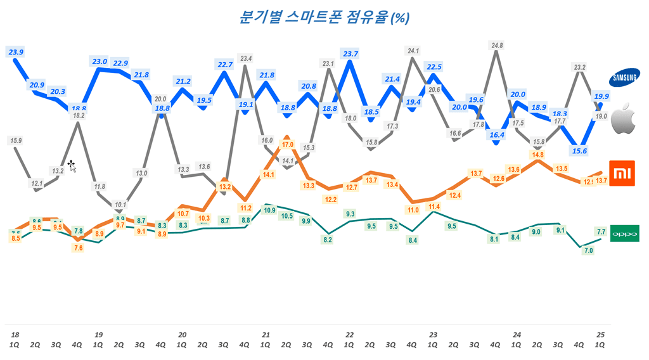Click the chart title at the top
pyautogui.click(x=324, y=17)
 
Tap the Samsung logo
pyautogui.click(x=624, y=79)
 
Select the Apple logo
pyautogui.click(x=624, y=119)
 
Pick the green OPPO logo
pyautogui.click(x=624, y=234)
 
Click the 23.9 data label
pyautogui.click(x=15, y=52)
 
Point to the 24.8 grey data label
pyautogui.click(x=497, y=46)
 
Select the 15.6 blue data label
pyautogui.click(x=579, y=151)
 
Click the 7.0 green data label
pyautogui.click(x=588, y=250)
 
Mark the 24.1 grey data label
pyautogui.click(x=413, y=51)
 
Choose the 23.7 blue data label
pyautogui.click(x=349, y=53)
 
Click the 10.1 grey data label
pyautogui.click(x=119, y=205)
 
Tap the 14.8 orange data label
pyautogui.click(x=538, y=155)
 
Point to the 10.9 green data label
pyautogui.click(x=269, y=210)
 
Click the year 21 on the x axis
pyautogui.click(x=266, y=335)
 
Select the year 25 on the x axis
pyautogui.click(x=600, y=335)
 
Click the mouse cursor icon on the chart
pyautogui.click(x=72, y=166)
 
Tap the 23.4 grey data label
pyautogui.click(x=246, y=59)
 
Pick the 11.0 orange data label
pyautogui.click(x=413, y=210)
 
